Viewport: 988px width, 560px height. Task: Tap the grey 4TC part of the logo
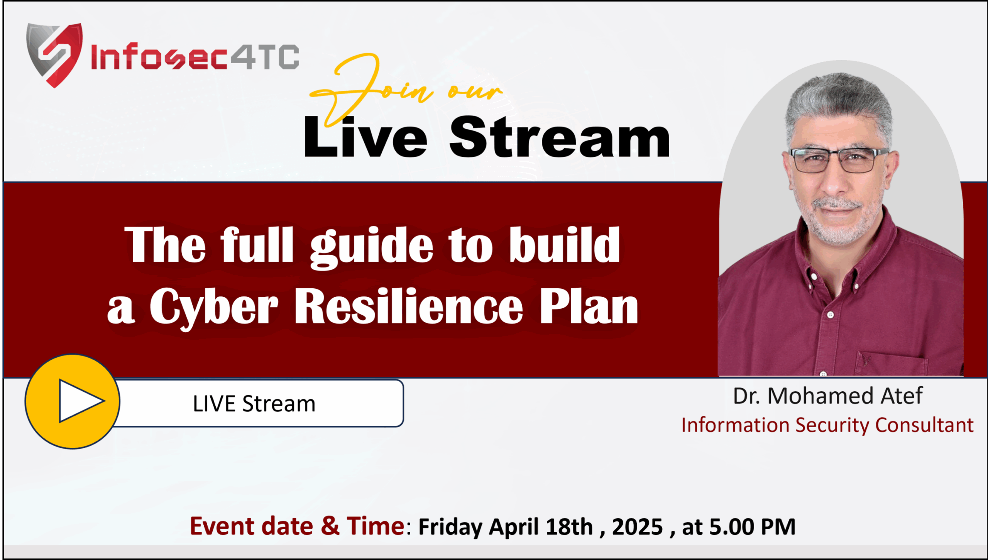[x=265, y=57]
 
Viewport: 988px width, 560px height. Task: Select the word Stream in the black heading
[x=560, y=137]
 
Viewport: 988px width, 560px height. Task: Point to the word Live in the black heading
[x=365, y=137]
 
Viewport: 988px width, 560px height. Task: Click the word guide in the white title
[x=372, y=247]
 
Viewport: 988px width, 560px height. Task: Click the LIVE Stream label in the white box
[x=254, y=404]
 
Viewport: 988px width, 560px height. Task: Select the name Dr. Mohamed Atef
[x=827, y=396]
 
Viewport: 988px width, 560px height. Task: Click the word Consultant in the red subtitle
[x=924, y=425]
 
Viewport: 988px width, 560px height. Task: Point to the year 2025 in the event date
[x=637, y=527]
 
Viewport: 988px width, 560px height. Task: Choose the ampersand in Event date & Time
[x=330, y=526]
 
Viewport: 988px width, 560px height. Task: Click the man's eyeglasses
[x=839, y=160]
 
